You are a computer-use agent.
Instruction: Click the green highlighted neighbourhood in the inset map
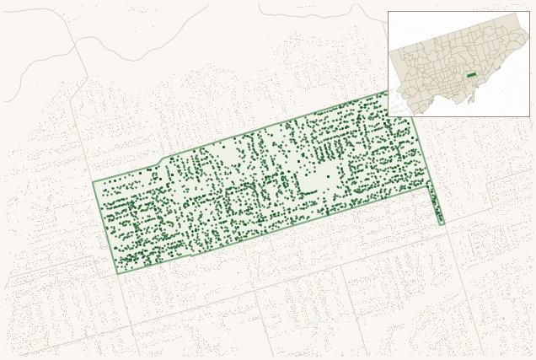click(471, 75)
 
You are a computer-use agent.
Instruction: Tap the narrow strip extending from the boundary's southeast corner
click(436, 204)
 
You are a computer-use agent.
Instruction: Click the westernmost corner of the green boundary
click(93, 182)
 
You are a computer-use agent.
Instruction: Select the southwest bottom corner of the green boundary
click(117, 274)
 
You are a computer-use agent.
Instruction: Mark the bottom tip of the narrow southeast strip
click(442, 224)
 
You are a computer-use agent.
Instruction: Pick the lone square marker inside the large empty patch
click(328, 176)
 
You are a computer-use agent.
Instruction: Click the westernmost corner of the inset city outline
click(389, 49)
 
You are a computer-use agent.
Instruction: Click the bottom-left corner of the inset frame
click(388, 116)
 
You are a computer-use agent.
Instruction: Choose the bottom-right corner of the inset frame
click(529, 116)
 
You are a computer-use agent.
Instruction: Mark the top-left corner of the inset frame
click(388, 11)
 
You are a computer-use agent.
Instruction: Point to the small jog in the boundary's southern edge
click(196, 252)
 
